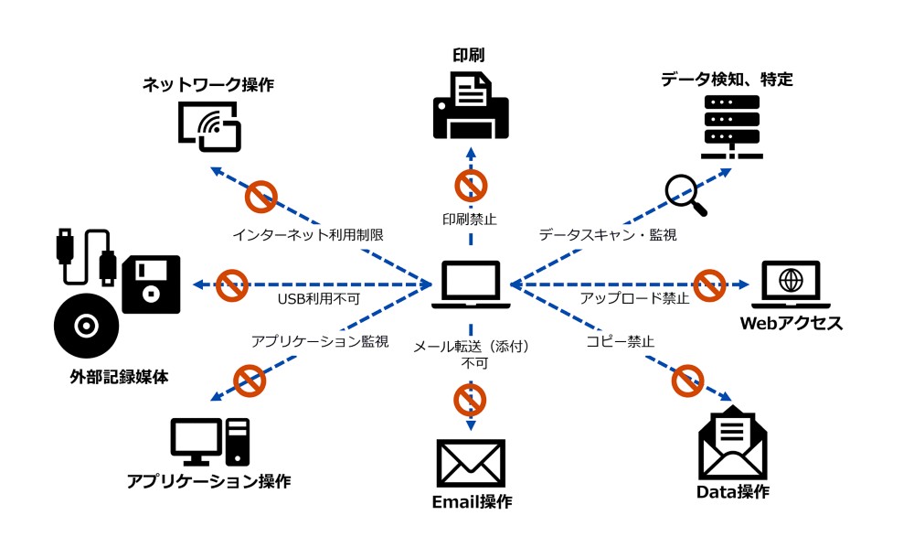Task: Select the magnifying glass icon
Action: pyautogui.click(x=685, y=195)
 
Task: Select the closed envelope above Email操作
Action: pyautogui.click(x=471, y=463)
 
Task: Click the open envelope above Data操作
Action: pyautogui.click(x=732, y=445)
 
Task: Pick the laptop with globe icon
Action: pyautogui.click(x=792, y=284)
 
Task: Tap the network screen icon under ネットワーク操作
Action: pyautogui.click(x=209, y=125)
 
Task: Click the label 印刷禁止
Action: pyautogui.click(x=471, y=219)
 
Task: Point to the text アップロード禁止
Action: pyautogui.click(x=634, y=298)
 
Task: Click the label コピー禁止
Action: pyautogui.click(x=620, y=341)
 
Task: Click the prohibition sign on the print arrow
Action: pyautogui.click(x=471, y=186)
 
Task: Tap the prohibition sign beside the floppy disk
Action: pyautogui.click(x=232, y=284)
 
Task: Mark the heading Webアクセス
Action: pyautogui.click(x=792, y=323)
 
